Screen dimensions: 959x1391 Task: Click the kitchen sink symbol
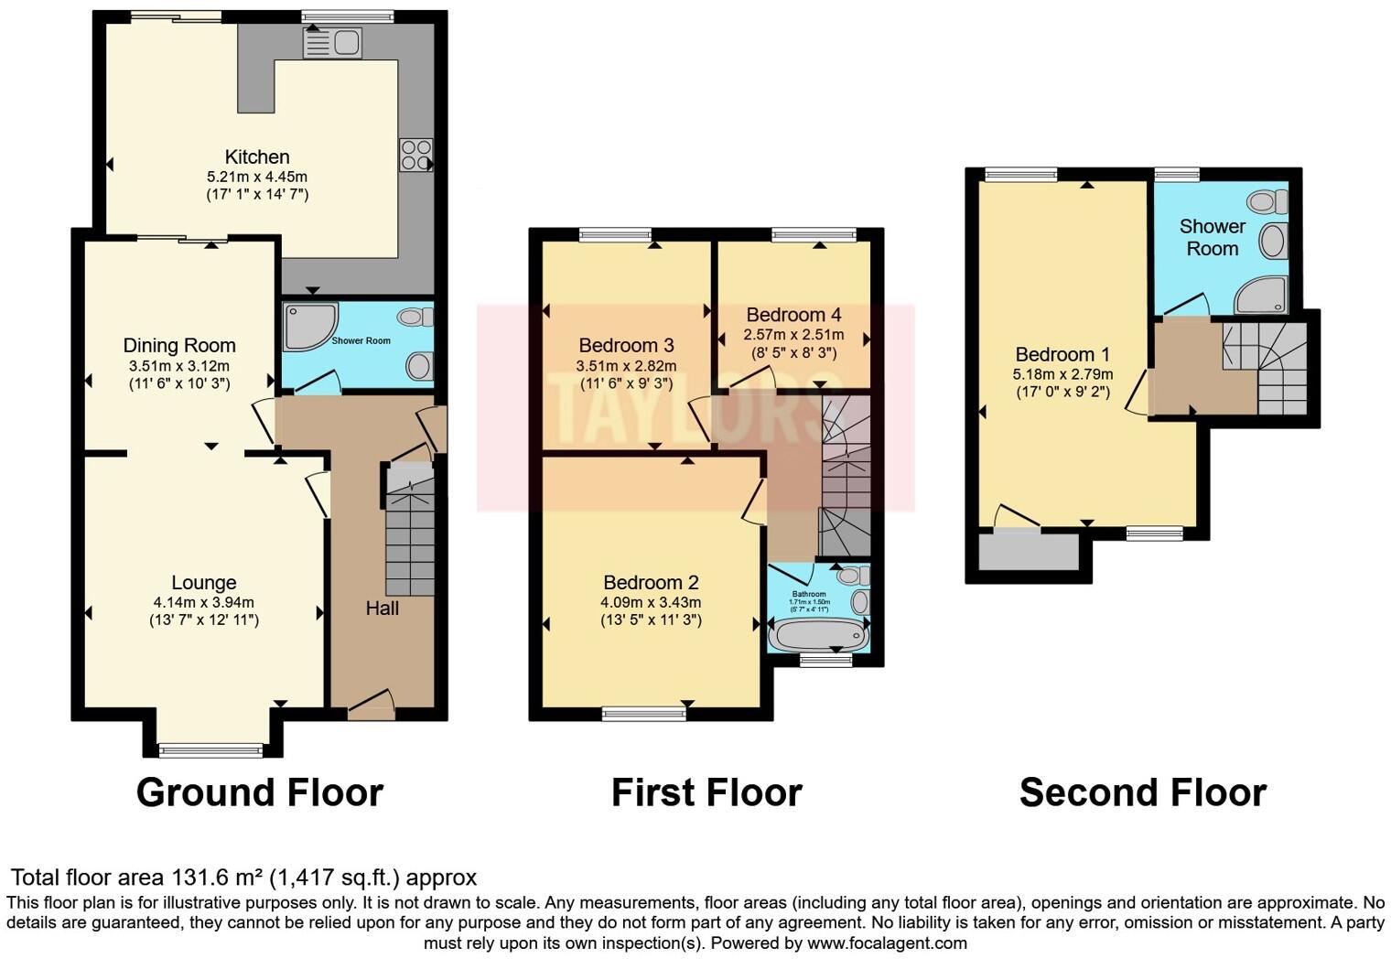coord(333,42)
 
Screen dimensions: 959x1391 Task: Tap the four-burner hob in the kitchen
coord(415,155)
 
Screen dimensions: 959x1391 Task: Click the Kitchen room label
coord(257,156)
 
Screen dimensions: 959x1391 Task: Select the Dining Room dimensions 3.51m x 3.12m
coord(179,365)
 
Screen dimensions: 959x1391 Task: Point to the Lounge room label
coord(204,582)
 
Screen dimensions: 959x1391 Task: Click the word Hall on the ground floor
coord(382,608)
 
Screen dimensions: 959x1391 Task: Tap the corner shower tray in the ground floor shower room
coord(307,326)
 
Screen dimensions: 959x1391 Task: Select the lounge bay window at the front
coord(210,750)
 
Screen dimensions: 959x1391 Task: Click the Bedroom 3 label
coord(626,345)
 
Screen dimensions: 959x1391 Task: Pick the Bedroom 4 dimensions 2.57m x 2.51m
coord(793,335)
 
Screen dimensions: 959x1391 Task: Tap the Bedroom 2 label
coord(651,582)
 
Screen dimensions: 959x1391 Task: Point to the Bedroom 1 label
coord(1062,354)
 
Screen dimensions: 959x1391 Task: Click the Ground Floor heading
coord(259,792)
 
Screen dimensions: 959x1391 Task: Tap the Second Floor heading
coord(1142,792)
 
